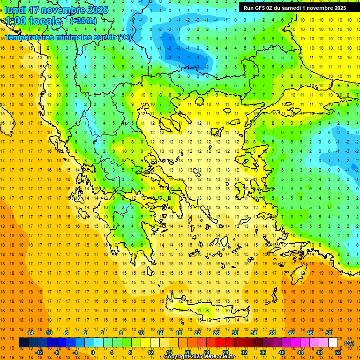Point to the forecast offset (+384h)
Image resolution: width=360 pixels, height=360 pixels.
point(83,21)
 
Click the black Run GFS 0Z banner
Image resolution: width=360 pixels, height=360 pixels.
point(295,7)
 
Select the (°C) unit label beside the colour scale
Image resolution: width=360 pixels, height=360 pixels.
point(349,343)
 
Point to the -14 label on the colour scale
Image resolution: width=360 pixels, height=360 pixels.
point(32,333)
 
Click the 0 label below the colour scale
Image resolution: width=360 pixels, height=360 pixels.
point(93,352)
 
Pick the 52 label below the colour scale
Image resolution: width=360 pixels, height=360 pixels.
point(338,352)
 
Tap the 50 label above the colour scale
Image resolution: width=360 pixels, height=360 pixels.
point(328,333)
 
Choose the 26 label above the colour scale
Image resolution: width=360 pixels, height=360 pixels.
point(216,333)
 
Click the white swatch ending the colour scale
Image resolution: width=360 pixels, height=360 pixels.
point(333,343)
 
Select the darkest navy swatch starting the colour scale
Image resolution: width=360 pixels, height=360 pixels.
point(23,343)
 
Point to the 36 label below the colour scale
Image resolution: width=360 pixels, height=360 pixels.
point(263,352)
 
